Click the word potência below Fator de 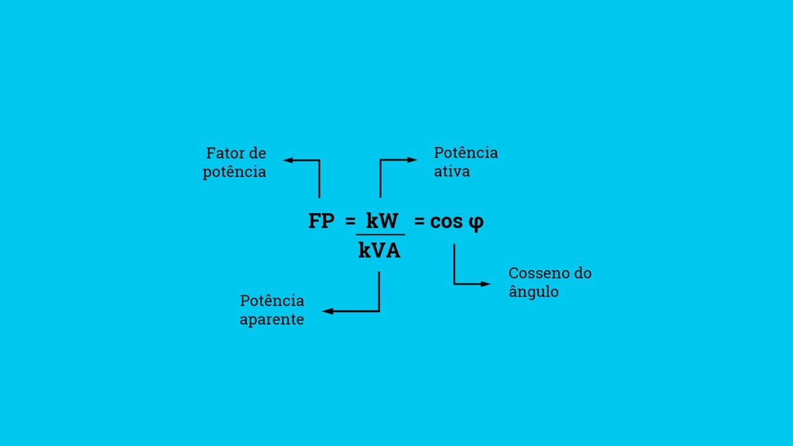pos(234,172)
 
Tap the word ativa pos(452,172)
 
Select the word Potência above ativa pos(465,153)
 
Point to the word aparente pos(271,320)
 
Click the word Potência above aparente pos(272,301)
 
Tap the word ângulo pos(533,292)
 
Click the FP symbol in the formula pos(322,221)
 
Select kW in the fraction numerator pos(382,221)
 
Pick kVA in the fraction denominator pos(379,250)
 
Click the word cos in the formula pos(447,221)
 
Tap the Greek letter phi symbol pos(476,222)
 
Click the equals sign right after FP pos(350,221)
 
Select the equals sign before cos pos(419,221)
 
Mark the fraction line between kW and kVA pos(380,235)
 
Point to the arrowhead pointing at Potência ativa pos(413,160)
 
